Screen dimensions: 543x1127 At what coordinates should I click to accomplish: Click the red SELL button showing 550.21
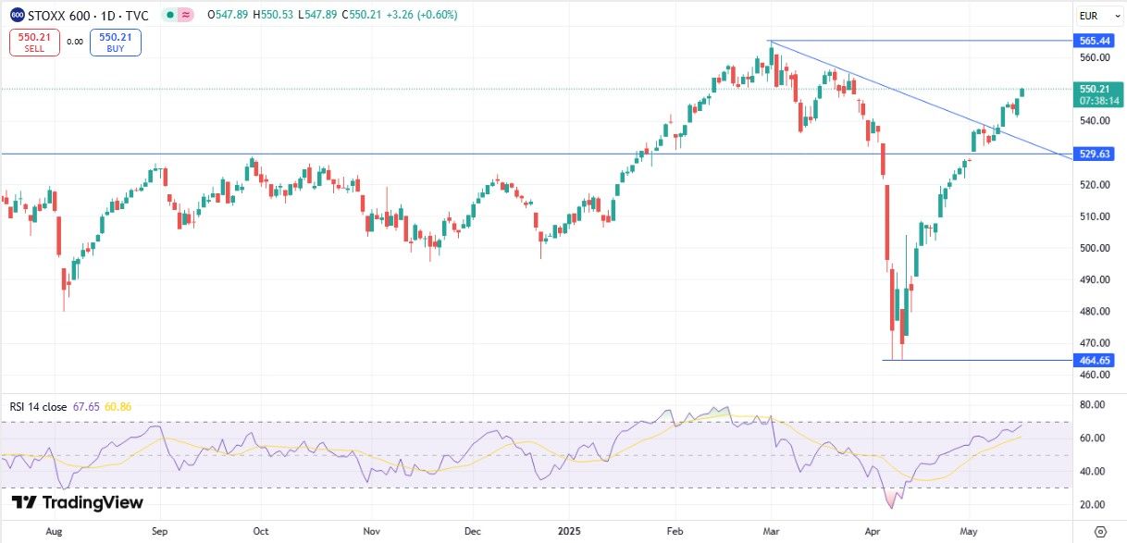coord(34,42)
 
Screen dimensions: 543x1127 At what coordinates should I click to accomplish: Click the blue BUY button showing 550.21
coord(116,42)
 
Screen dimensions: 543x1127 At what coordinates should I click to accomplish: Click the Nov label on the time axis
coord(372,532)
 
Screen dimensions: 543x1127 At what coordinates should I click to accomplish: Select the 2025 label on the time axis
coord(568,532)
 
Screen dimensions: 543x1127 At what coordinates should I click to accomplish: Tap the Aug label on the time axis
coord(54,532)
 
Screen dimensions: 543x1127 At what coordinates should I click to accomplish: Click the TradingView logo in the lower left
coord(78,503)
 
